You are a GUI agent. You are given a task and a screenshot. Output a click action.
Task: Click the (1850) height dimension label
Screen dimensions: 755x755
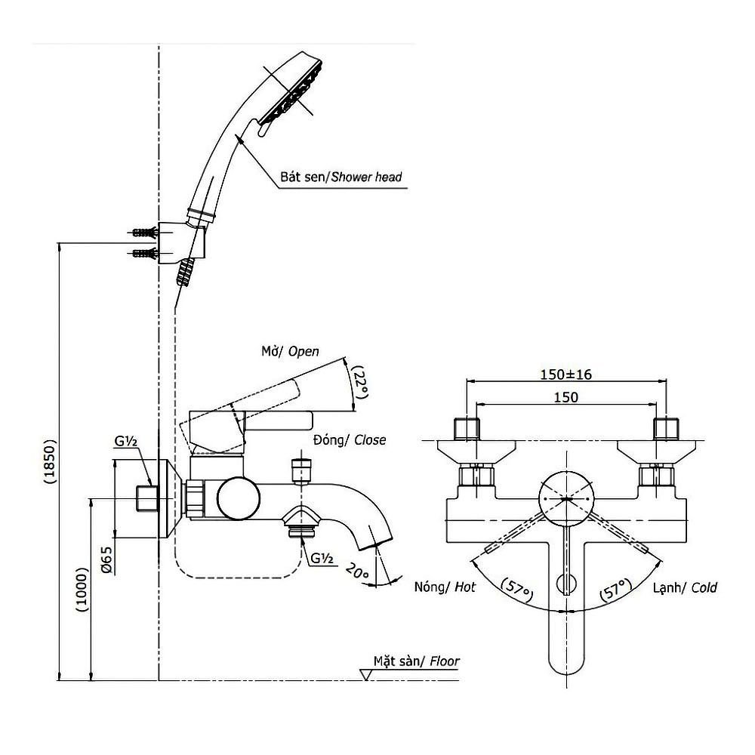click(x=49, y=461)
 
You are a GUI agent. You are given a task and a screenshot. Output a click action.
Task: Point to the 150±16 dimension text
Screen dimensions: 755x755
click(x=565, y=374)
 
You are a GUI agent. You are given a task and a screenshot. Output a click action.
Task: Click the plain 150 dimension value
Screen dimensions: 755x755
click(x=565, y=397)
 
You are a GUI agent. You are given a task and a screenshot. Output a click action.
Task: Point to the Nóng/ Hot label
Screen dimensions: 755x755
click(x=445, y=587)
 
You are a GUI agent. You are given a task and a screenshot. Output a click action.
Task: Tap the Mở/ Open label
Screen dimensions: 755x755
click(x=290, y=351)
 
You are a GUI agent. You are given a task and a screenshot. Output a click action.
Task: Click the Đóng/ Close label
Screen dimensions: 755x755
click(x=348, y=440)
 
